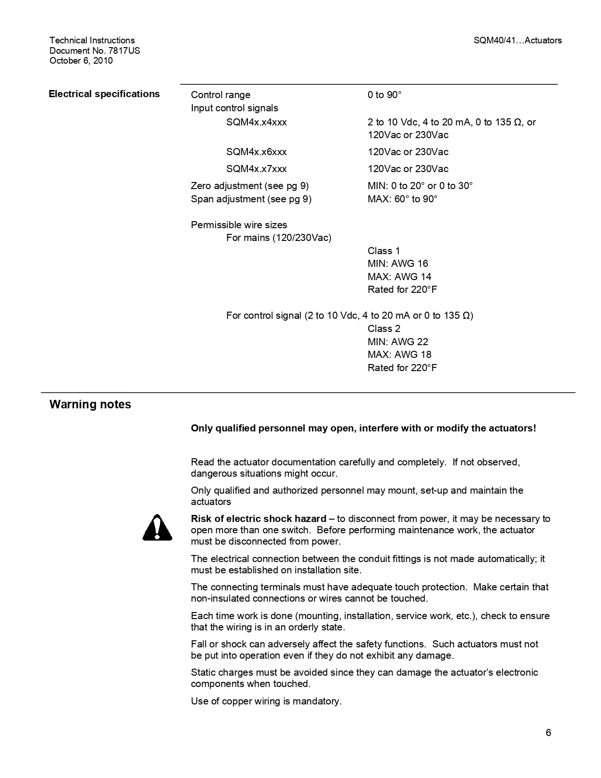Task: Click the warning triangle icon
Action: click(157, 528)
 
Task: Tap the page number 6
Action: click(548, 733)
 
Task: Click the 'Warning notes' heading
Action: click(90, 405)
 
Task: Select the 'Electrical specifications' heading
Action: click(104, 94)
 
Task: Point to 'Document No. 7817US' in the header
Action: click(95, 50)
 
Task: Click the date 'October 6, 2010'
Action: click(81, 60)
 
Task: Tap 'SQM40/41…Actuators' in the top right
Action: click(518, 41)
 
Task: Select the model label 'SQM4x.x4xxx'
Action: click(256, 122)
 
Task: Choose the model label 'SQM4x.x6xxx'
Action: click(256, 152)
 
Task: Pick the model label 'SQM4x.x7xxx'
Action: click(256, 169)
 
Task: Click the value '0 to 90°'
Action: click(385, 95)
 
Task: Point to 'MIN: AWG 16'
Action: click(398, 264)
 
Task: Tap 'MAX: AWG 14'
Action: click(399, 277)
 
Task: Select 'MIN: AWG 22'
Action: click(398, 342)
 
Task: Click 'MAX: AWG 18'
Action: click(399, 355)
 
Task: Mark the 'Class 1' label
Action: click(384, 251)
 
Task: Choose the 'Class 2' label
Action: click(384, 329)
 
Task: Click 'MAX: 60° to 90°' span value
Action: click(402, 199)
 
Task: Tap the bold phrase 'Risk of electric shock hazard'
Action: click(258, 519)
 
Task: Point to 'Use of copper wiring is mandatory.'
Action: click(266, 701)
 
